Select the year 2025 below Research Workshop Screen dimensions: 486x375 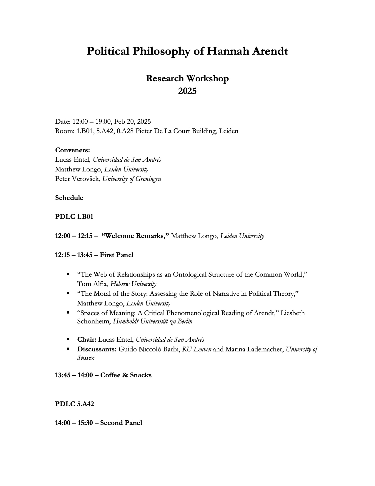tap(187, 91)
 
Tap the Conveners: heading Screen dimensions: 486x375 tap(72, 150)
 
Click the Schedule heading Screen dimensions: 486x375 tap(69, 198)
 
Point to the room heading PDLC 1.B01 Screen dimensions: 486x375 tap(74, 217)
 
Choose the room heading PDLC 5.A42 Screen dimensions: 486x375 tap(74, 404)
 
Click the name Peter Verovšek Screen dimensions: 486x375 tap(77, 179)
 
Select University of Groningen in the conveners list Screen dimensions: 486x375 tap(132, 179)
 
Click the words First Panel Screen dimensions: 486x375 tap(116, 255)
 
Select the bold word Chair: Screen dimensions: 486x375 tap(87, 340)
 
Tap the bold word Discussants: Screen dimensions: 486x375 tap(97, 349)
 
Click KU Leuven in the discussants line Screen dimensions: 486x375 tap(196, 349)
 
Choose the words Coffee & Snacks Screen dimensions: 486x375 tap(126, 375)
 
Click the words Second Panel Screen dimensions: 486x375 tap(121, 423)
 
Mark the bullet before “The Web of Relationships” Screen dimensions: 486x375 tap(68, 274)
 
